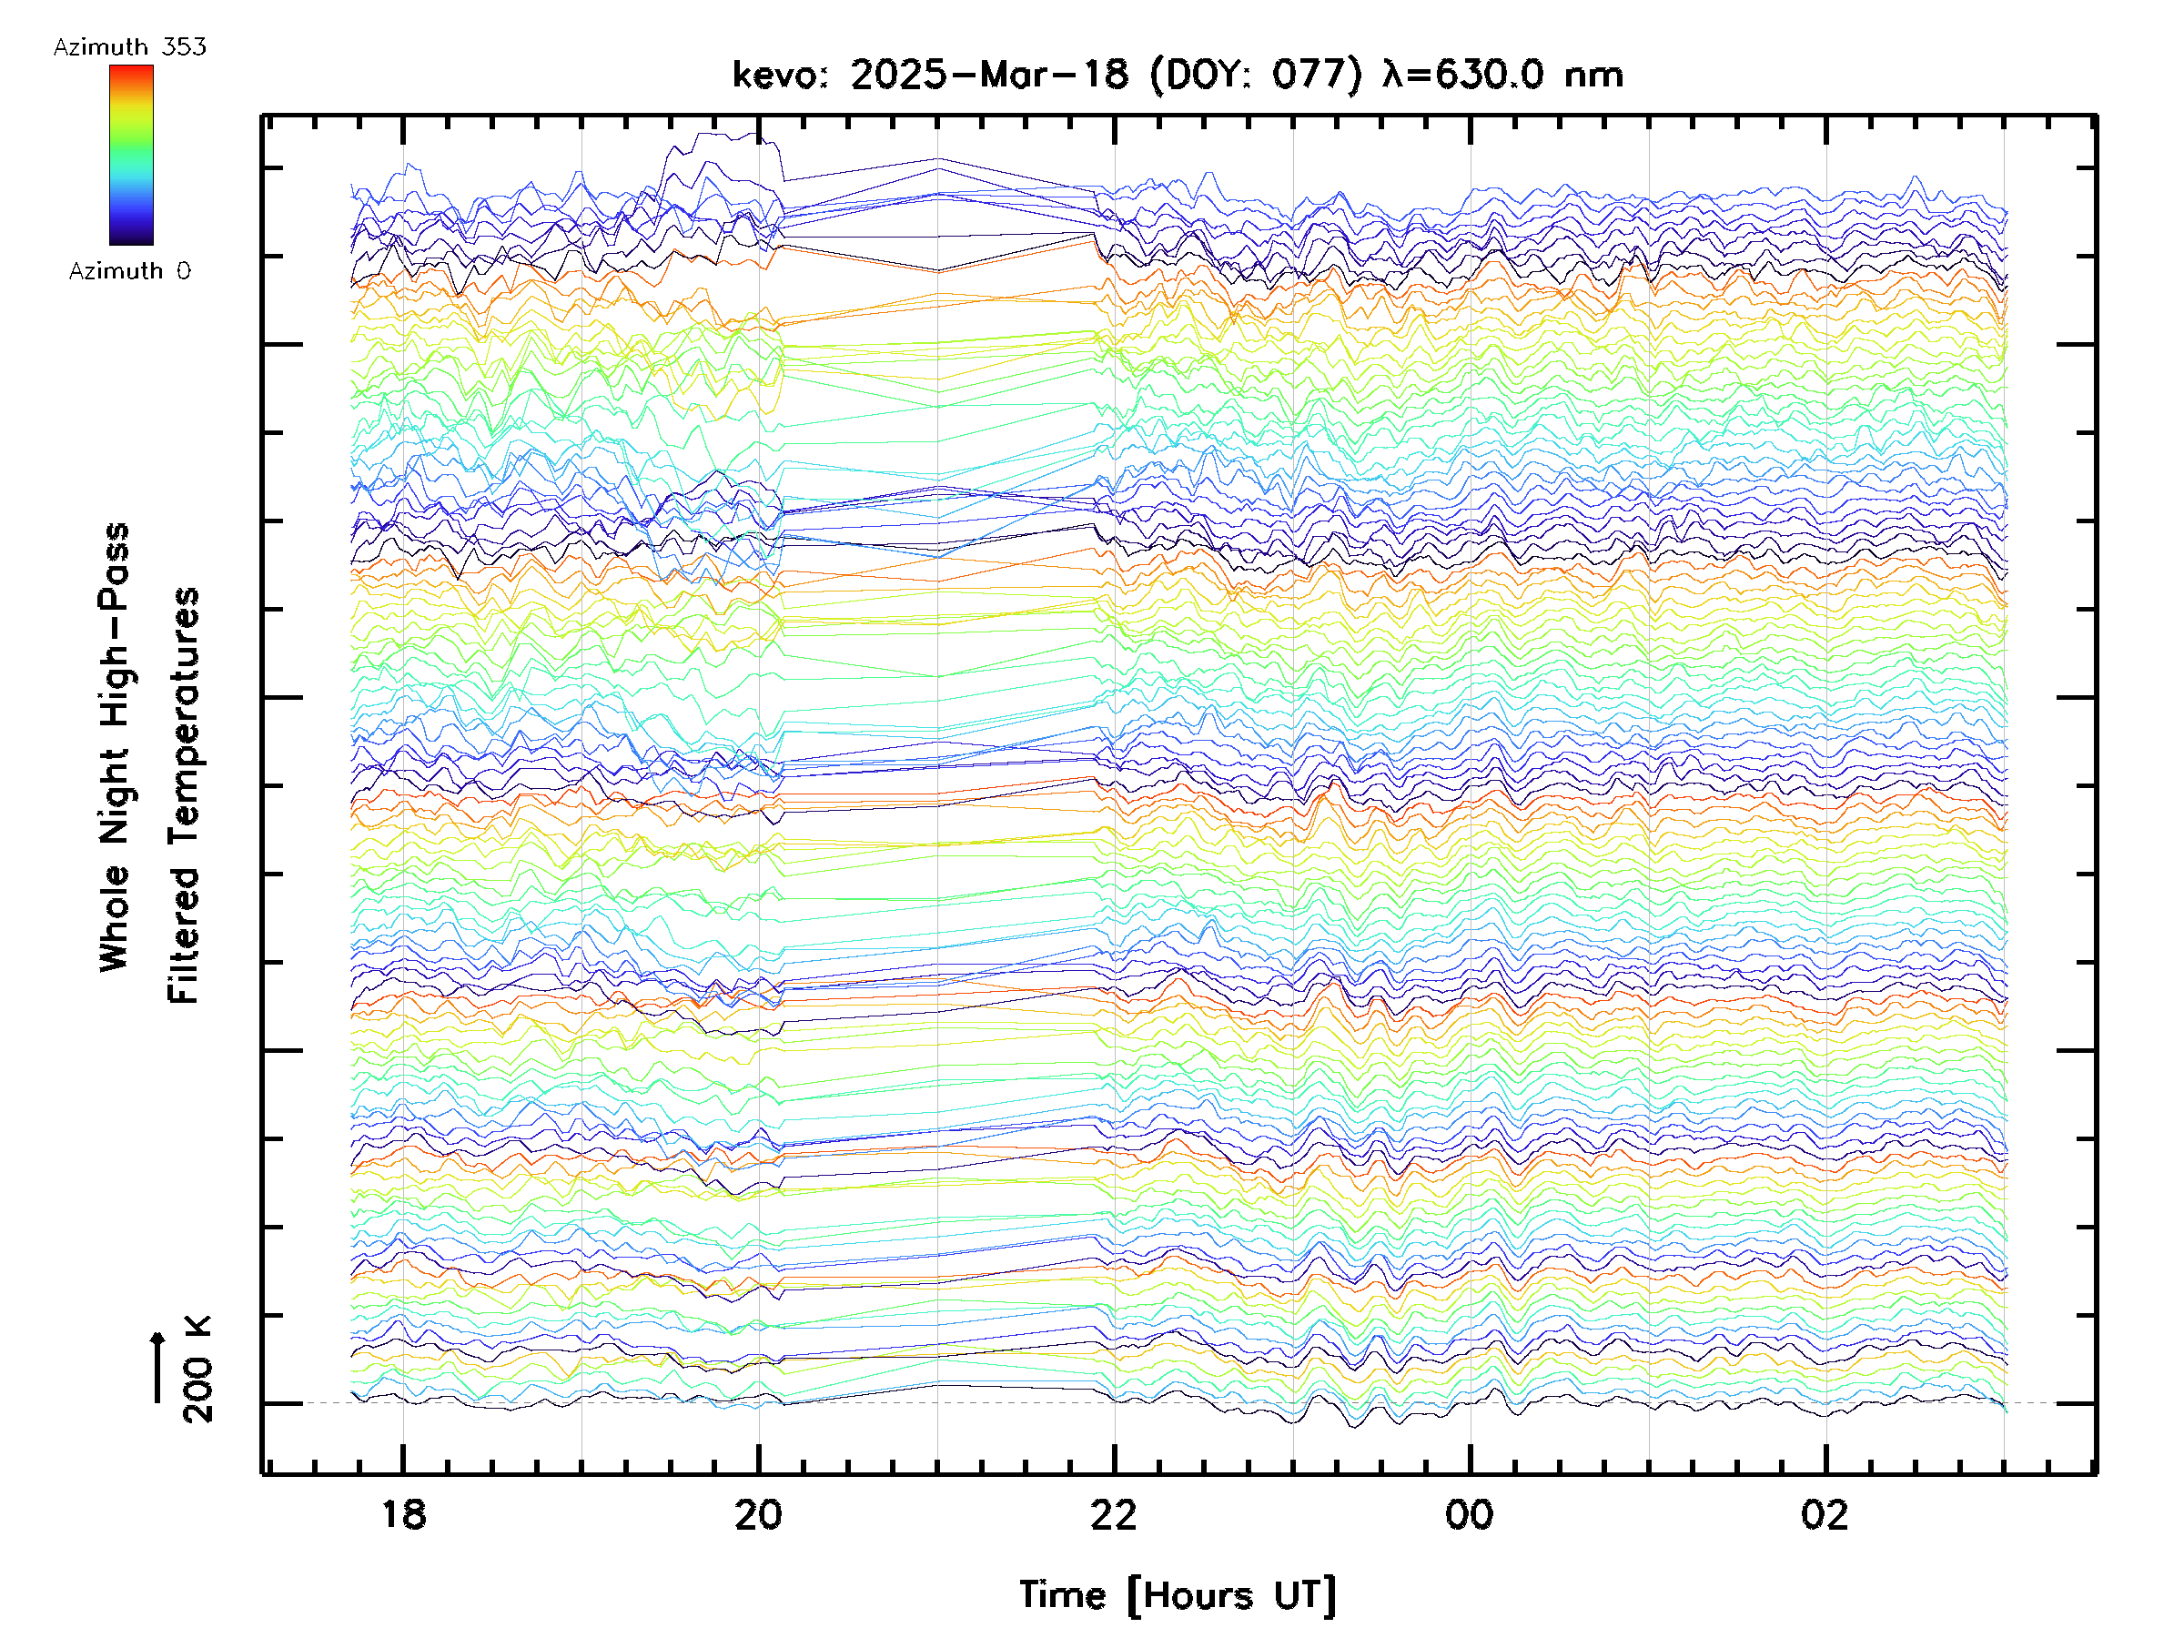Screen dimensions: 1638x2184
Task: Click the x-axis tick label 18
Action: tap(403, 1514)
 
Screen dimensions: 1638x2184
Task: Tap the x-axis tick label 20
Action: tap(758, 1514)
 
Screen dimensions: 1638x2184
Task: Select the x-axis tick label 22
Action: tap(1114, 1514)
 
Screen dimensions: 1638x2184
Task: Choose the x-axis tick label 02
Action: tap(1825, 1514)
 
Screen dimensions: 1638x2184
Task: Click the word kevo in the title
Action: tap(775, 75)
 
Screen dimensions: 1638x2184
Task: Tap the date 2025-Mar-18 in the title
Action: tap(988, 75)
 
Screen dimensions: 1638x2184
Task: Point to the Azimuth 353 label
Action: tap(129, 47)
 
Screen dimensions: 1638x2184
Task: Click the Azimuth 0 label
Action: tap(129, 270)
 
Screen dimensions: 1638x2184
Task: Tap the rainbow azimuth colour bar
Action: tap(131, 155)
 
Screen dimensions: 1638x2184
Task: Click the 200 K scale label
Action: tap(197, 1369)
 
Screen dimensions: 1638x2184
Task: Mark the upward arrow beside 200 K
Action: tap(157, 1367)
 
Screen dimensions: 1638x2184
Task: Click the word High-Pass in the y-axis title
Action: tap(115, 623)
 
